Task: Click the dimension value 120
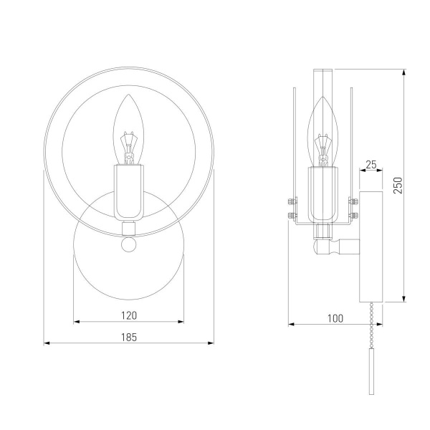tap(129, 315)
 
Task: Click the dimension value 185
tap(129, 338)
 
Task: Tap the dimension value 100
tap(335, 319)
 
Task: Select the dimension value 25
tap(371, 165)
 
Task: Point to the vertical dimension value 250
tap(398, 186)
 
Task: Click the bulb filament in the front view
tap(128, 148)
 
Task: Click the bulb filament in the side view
tap(322, 150)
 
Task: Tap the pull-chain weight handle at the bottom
tap(371, 371)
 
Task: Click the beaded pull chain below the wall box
tap(371, 325)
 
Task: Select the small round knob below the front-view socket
tap(129, 244)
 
